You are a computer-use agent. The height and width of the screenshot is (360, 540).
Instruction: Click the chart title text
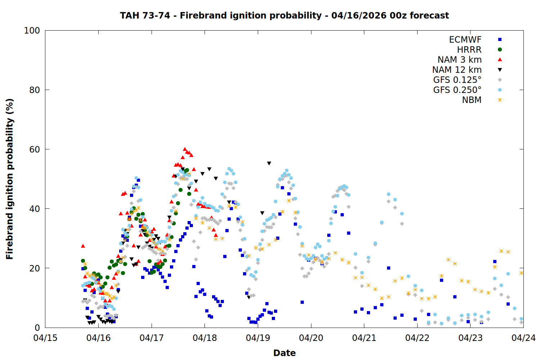tap(284, 15)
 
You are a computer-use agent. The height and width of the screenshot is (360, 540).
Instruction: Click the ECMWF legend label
tap(465, 40)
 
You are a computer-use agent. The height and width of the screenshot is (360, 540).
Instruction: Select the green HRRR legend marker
tap(500, 50)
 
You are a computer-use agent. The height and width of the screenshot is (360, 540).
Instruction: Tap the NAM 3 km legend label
tap(459, 60)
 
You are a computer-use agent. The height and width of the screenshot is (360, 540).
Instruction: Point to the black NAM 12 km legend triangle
tap(500, 70)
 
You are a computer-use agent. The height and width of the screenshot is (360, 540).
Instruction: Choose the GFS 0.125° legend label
tap(457, 80)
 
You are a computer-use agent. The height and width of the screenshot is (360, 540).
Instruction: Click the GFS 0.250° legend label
tap(457, 90)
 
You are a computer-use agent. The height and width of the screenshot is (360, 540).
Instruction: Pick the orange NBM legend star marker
tap(500, 100)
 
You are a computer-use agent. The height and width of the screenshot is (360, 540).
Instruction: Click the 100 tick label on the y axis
tap(32, 31)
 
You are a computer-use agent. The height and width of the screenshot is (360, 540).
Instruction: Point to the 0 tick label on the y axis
tap(37, 328)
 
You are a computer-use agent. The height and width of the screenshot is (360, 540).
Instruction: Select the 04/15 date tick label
tap(45, 338)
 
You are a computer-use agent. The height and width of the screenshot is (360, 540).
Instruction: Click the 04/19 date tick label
tap(258, 338)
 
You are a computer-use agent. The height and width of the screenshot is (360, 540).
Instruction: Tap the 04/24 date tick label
tap(523, 338)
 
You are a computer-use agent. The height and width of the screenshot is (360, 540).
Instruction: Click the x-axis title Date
tap(284, 353)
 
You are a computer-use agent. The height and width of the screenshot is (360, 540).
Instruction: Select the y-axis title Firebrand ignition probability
tap(9, 179)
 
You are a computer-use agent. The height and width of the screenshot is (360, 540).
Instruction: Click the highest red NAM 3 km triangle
tap(185, 149)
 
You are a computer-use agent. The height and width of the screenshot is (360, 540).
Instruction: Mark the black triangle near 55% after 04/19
tap(269, 163)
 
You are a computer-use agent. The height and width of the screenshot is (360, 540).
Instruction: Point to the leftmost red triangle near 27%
tap(83, 246)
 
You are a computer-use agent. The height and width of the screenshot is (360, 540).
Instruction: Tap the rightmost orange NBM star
tap(521, 273)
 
